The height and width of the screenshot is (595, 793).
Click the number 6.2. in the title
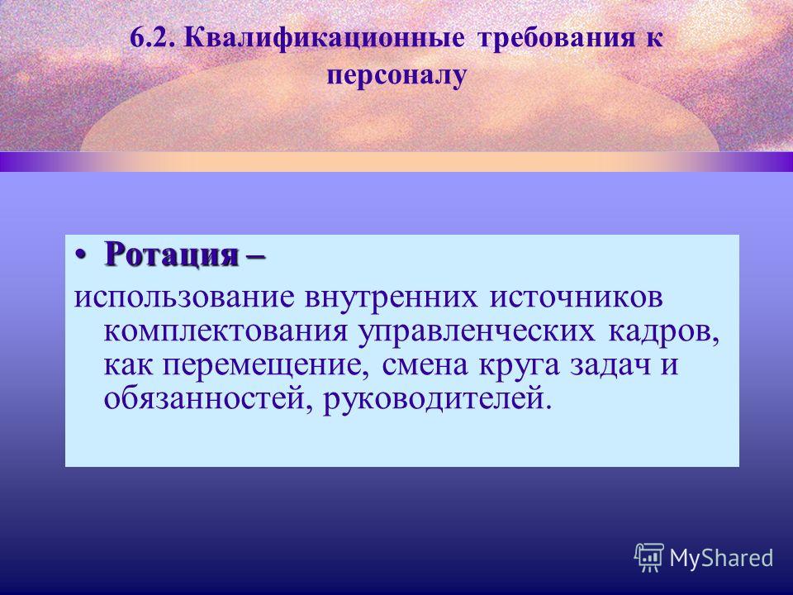[x=152, y=39]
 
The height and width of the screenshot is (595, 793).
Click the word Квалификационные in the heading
[x=324, y=39]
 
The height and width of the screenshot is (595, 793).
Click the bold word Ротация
[x=172, y=255]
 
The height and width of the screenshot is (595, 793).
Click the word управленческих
[x=477, y=332]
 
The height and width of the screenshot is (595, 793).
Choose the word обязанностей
[x=207, y=398]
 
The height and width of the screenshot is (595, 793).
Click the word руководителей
[x=435, y=398]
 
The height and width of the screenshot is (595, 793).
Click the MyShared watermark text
[x=721, y=558]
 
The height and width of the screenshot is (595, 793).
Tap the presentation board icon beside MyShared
[x=649, y=557]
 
